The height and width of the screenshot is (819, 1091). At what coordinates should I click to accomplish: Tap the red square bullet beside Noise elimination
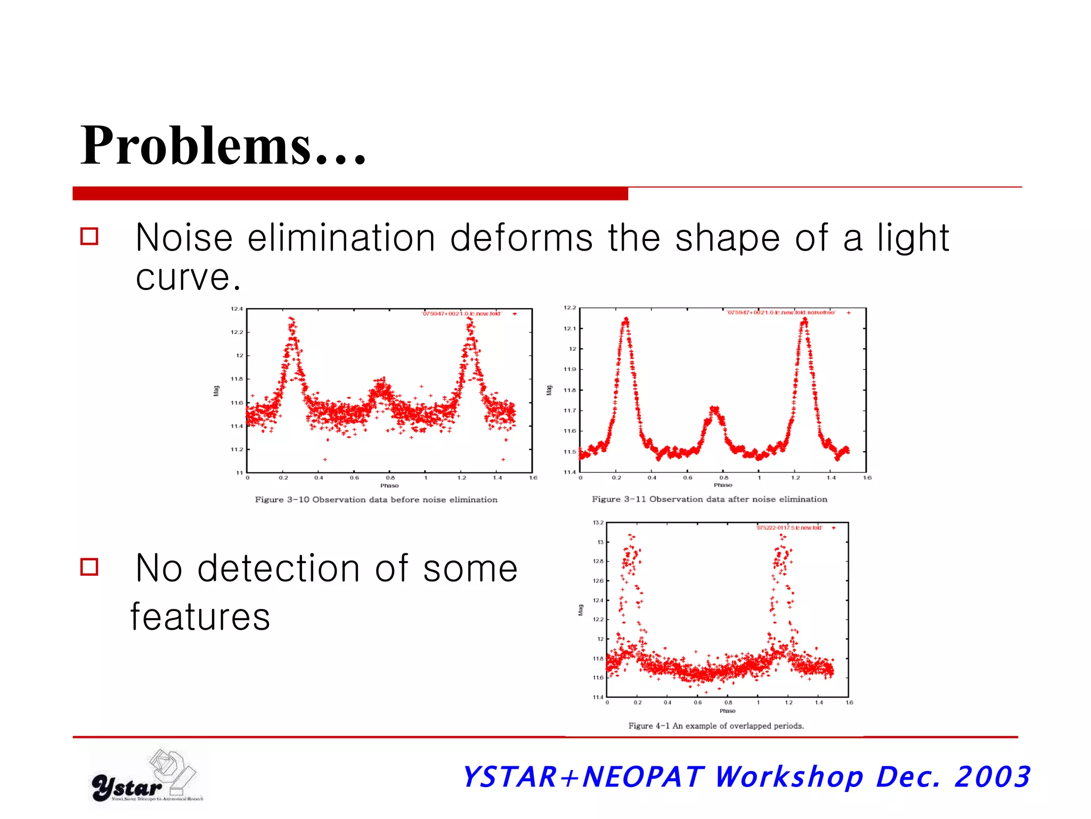(89, 236)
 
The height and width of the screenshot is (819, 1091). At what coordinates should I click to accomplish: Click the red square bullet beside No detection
(89, 566)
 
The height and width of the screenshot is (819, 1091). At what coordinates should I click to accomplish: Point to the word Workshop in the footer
(788, 777)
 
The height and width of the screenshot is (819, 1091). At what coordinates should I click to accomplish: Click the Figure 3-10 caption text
(376, 500)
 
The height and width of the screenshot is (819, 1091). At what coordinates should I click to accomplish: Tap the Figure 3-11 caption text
(710, 499)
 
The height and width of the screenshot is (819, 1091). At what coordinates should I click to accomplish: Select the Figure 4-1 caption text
(716, 726)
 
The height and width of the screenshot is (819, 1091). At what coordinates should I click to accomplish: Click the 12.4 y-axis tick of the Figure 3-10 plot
(237, 309)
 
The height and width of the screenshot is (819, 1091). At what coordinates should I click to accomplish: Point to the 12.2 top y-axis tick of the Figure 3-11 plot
(569, 308)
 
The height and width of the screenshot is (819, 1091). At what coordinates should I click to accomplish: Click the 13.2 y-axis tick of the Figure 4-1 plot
(598, 523)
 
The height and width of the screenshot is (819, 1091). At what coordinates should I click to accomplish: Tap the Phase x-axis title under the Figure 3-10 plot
(389, 486)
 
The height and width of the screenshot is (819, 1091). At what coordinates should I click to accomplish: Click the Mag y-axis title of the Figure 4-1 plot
(581, 609)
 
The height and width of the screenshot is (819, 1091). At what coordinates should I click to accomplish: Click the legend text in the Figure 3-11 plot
(781, 312)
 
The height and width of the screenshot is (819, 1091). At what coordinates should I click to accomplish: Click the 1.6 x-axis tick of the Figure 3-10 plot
(533, 478)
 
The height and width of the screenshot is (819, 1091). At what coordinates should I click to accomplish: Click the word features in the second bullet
(200, 617)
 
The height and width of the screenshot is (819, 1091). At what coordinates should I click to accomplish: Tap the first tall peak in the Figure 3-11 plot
(626, 321)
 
